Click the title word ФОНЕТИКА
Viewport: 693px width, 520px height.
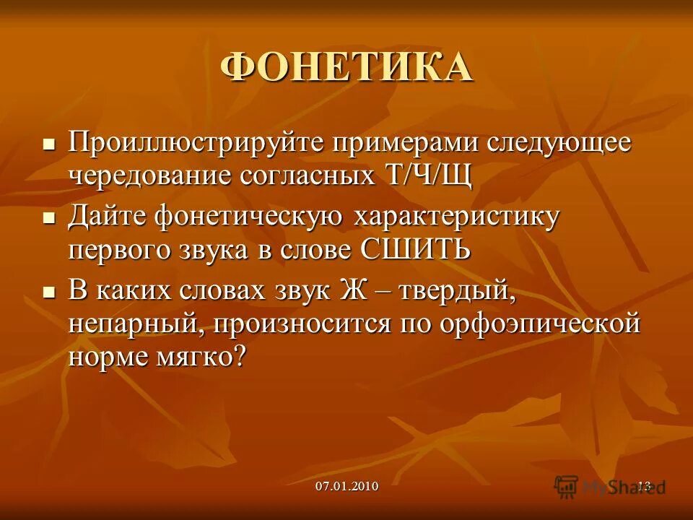point(346,67)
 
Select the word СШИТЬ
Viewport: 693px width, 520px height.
point(414,250)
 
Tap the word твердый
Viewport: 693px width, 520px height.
point(459,290)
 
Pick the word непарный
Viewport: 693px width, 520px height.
point(130,324)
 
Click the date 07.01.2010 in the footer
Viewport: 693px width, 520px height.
point(346,486)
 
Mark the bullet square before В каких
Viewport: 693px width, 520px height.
point(49,292)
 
